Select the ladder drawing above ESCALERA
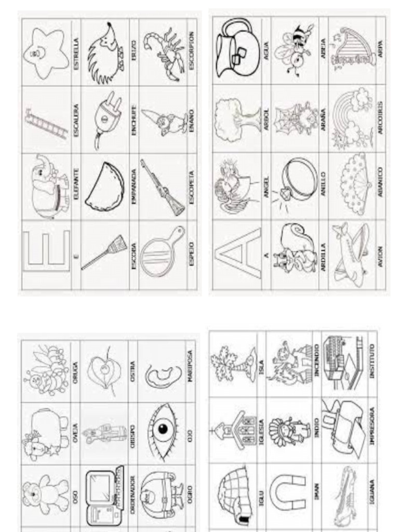coord(46,125)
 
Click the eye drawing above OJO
coord(162,429)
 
